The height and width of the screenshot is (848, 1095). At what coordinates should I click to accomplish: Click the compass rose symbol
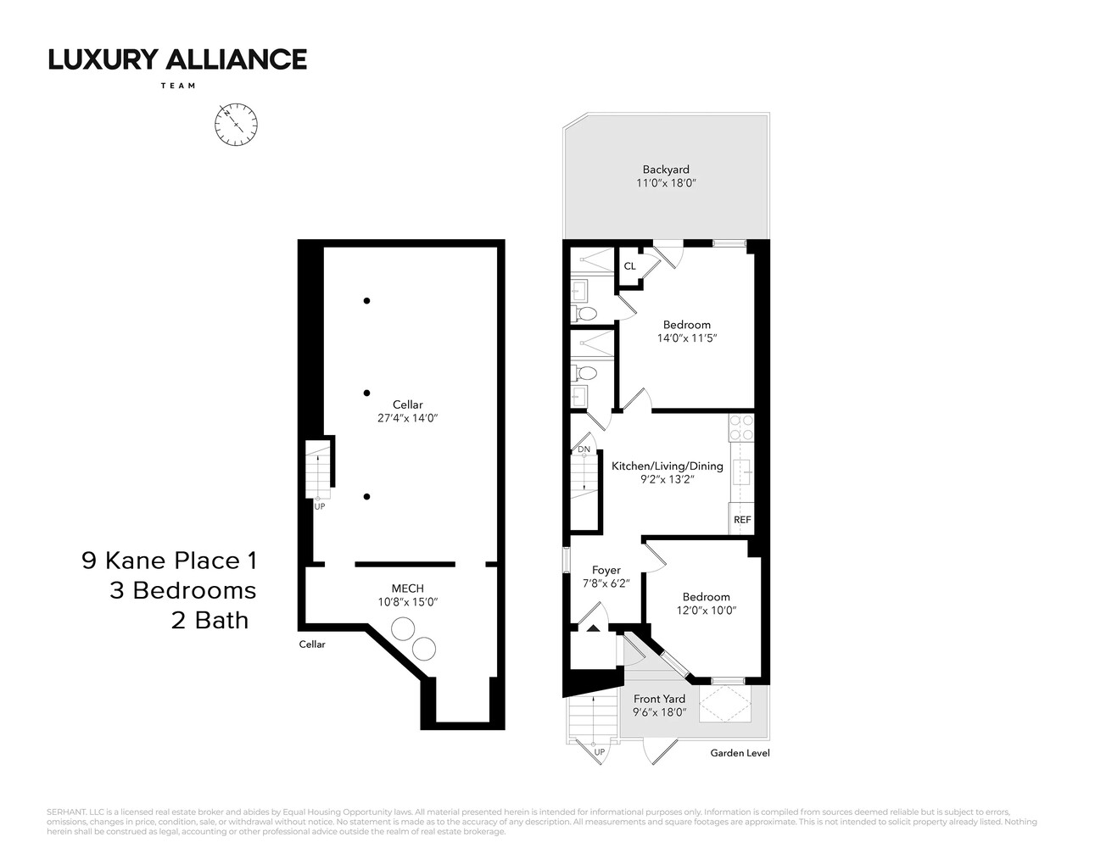(x=236, y=125)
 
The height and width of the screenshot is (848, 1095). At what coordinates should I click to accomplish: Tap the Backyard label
(x=666, y=170)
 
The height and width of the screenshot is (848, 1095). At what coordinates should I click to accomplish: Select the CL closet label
(x=629, y=266)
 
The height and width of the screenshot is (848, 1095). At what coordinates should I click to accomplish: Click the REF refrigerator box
(x=742, y=520)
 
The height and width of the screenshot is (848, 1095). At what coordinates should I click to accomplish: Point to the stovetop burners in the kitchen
(x=741, y=427)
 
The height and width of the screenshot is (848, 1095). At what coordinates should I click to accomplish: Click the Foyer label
(x=606, y=571)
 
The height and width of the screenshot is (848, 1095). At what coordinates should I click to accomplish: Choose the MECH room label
(x=407, y=589)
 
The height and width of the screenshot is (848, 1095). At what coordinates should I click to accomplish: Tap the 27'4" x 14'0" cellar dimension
(x=407, y=418)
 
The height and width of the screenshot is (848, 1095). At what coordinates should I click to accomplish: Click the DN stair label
(x=584, y=449)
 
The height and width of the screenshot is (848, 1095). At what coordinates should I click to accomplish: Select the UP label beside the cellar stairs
(x=320, y=506)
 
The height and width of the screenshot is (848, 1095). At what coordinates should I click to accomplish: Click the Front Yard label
(x=659, y=700)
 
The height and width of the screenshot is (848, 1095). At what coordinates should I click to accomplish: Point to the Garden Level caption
(x=740, y=753)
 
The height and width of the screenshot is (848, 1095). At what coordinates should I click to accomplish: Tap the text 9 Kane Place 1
(x=169, y=561)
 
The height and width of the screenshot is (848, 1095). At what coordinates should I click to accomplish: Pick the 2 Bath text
(x=210, y=620)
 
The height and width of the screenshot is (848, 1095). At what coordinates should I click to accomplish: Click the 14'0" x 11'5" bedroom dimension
(x=686, y=338)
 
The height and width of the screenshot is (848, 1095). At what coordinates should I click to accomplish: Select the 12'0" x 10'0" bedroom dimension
(x=706, y=611)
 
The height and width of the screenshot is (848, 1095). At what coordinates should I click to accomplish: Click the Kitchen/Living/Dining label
(x=668, y=466)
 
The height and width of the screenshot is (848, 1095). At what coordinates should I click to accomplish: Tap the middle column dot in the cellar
(x=366, y=393)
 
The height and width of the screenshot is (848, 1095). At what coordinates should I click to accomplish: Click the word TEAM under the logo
(x=177, y=86)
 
